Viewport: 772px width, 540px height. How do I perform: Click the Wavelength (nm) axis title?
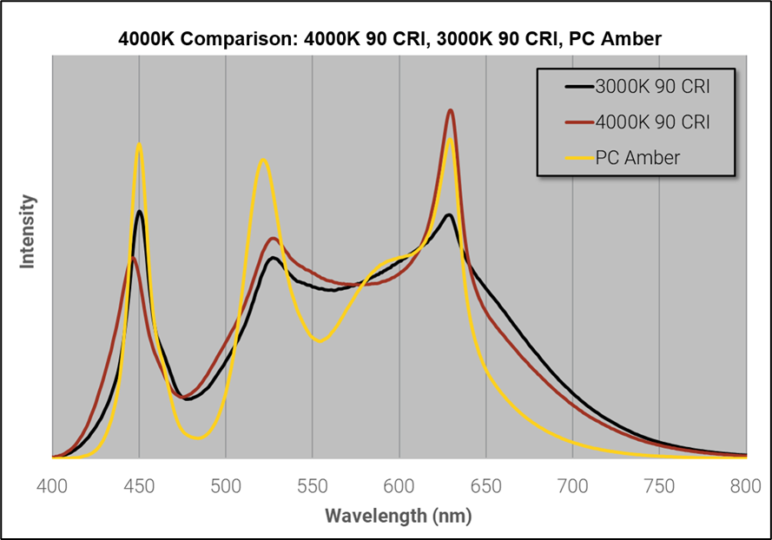[x=399, y=516]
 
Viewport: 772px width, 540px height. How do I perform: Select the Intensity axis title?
[x=28, y=232]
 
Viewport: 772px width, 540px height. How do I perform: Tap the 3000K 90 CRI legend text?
[x=652, y=87]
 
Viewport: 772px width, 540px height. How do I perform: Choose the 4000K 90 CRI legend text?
[x=652, y=122]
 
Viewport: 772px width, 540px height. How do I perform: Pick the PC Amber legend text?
[x=637, y=158]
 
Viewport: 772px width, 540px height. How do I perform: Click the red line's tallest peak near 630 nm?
[x=451, y=110]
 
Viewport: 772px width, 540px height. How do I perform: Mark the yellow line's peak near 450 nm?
[x=139, y=144]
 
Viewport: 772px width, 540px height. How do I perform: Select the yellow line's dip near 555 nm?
[x=320, y=341]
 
